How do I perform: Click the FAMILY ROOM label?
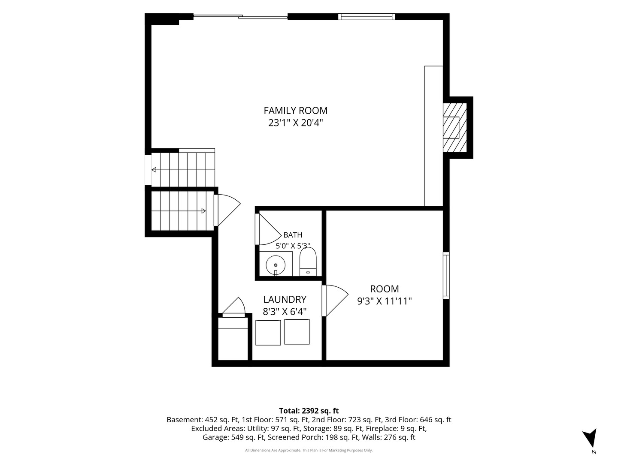pyautogui.click(x=295, y=111)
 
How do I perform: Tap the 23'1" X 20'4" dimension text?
pyautogui.click(x=295, y=123)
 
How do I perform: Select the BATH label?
pyautogui.click(x=293, y=235)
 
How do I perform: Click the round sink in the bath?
pyautogui.click(x=276, y=265)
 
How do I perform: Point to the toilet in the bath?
pyautogui.click(x=308, y=262)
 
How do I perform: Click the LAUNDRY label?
pyautogui.click(x=285, y=299)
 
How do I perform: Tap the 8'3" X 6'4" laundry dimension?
pyautogui.click(x=285, y=312)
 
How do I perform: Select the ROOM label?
pyautogui.click(x=384, y=289)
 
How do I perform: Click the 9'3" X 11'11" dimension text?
pyautogui.click(x=384, y=301)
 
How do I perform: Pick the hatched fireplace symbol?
pyautogui.click(x=454, y=127)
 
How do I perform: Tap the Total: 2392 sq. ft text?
pyautogui.click(x=309, y=411)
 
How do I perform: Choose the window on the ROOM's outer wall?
pyautogui.click(x=446, y=275)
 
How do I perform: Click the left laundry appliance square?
pyautogui.click(x=268, y=333)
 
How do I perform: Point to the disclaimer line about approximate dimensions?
pyautogui.click(x=309, y=450)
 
